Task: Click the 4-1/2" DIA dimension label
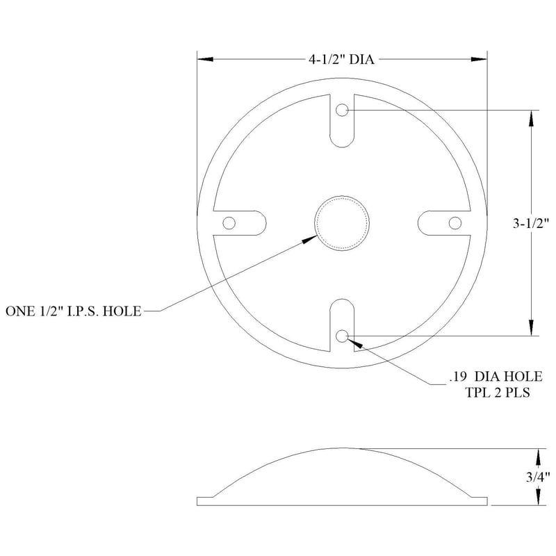pyautogui.click(x=341, y=59)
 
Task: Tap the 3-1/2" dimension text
pyautogui.click(x=531, y=223)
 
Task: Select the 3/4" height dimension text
pyautogui.click(x=537, y=477)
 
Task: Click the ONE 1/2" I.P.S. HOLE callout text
pyautogui.click(x=74, y=311)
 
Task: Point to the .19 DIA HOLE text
pyautogui.click(x=496, y=377)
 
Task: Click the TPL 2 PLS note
pyautogui.click(x=498, y=393)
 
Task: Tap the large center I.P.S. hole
pyautogui.click(x=342, y=223)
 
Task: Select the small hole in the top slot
pyautogui.click(x=342, y=111)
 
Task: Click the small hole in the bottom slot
pyautogui.click(x=342, y=336)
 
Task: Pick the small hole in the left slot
pyautogui.click(x=229, y=223)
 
